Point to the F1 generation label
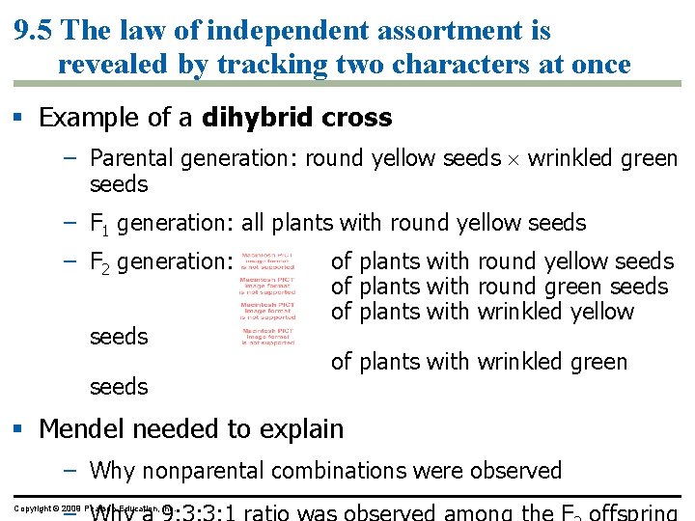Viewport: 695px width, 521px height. pyautogui.click(x=100, y=224)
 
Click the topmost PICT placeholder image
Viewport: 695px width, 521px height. pyautogui.click(x=267, y=260)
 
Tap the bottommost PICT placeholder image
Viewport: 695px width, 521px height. pyautogui.click(x=267, y=336)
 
